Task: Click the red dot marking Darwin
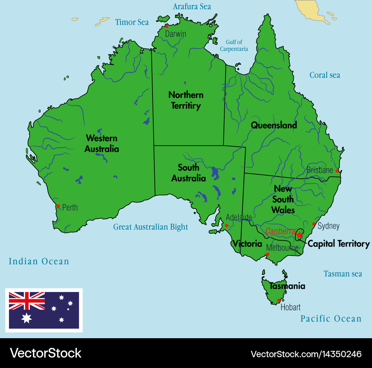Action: [x=167, y=26]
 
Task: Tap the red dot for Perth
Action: [x=58, y=206]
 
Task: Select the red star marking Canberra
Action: [x=299, y=235]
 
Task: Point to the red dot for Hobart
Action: [x=279, y=300]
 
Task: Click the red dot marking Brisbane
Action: [x=337, y=171]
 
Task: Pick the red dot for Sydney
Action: [x=314, y=224]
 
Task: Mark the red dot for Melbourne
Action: [x=267, y=254]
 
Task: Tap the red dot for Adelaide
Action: [x=227, y=225]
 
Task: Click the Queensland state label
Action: [x=274, y=125]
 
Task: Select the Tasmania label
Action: [x=288, y=286]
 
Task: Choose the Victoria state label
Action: [x=247, y=244]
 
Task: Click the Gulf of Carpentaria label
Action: [x=234, y=45]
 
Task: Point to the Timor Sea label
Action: [x=132, y=22]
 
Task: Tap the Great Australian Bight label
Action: [x=151, y=227]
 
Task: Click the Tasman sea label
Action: [x=343, y=274]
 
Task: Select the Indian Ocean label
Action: [x=39, y=261]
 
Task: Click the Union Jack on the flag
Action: [x=27, y=301]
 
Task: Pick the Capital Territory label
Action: [x=339, y=244]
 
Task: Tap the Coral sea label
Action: [x=325, y=75]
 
